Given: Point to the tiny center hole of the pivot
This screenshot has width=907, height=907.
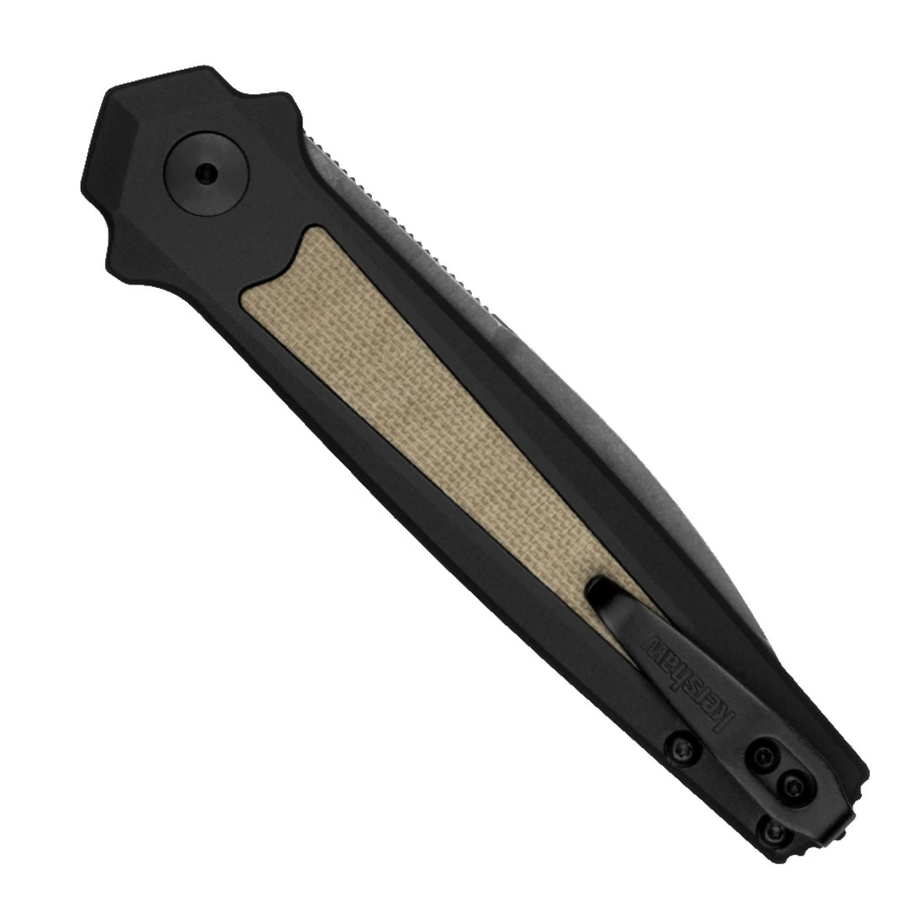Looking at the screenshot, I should point(203,174).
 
